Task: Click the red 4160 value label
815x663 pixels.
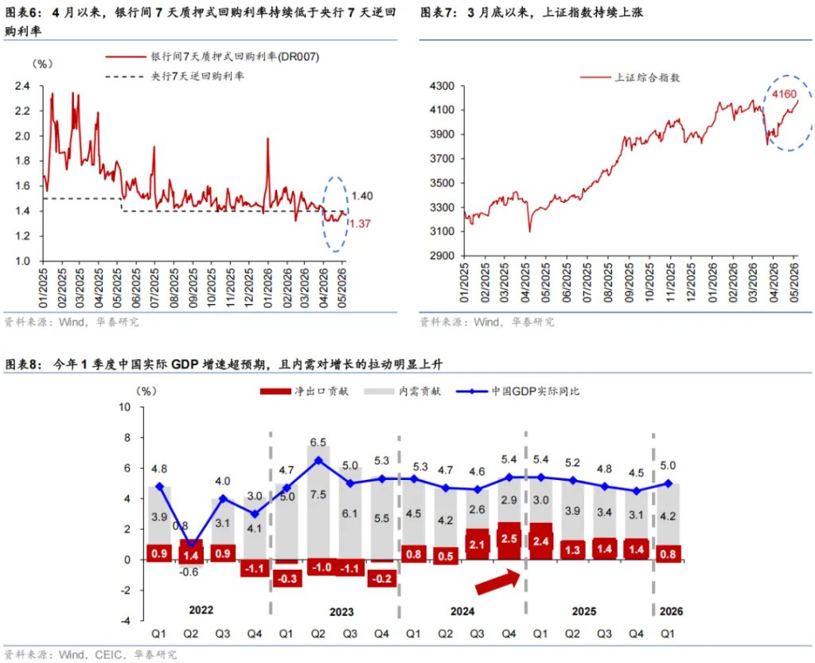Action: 784,94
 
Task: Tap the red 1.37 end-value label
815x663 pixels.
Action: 360,224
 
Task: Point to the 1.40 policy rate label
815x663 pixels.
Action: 362,196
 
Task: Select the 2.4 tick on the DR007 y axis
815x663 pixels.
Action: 22,86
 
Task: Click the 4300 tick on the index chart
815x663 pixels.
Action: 443,86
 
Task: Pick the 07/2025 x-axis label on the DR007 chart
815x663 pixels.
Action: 154,288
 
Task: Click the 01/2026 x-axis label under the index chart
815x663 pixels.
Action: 712,283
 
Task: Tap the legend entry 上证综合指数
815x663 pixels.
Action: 630,77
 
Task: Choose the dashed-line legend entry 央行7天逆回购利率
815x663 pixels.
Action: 174,76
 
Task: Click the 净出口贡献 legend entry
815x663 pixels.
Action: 304,392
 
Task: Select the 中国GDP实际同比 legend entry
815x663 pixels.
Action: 517,392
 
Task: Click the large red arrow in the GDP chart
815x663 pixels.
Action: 498,582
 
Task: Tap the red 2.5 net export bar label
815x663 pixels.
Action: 509,539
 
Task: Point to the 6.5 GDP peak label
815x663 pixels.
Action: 318,443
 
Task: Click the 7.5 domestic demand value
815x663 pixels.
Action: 318,494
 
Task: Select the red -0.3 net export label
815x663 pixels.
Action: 287,579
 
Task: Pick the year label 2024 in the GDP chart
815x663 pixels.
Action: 462,611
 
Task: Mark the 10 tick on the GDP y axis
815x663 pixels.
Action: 125,407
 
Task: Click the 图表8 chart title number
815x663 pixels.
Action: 23,365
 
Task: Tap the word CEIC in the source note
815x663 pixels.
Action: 108,655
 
